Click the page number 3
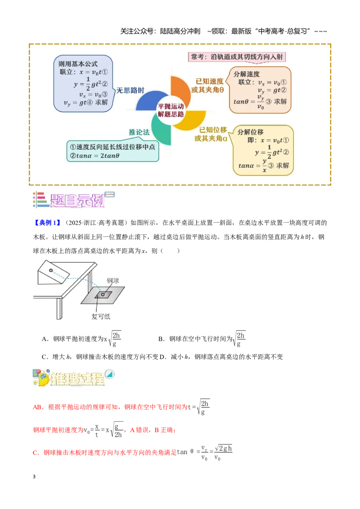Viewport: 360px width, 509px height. click(34, 477)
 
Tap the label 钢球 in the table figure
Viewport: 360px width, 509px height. click(113, 281)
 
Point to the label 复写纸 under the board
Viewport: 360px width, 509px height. click(101, 316)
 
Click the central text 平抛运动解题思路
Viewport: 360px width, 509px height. click(171, 110)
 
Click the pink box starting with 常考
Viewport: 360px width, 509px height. click(237, 57)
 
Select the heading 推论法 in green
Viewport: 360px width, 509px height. click(139, 132)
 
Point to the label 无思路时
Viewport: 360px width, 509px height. click(130, 90)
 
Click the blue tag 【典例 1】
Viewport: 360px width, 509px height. click(47, 223)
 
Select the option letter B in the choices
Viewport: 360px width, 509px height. click(161, 339)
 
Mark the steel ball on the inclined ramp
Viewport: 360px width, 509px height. click(51, 270)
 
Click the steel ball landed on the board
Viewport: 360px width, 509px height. click(103, 295)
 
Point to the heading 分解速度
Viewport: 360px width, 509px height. click(246, 74)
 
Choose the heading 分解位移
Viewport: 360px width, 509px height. click(250, 132)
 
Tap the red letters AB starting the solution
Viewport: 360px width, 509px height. click(37, 407)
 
